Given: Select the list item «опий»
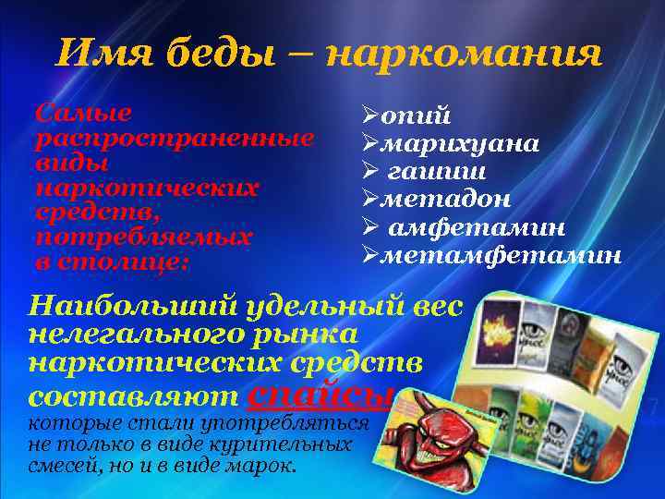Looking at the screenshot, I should click(417, 117).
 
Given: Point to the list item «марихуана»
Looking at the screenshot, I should click(462, 145).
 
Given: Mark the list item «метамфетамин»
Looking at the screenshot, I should click(502, 254).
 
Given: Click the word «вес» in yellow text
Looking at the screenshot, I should click(433, 306).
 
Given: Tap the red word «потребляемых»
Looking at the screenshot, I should click(142, 237).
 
